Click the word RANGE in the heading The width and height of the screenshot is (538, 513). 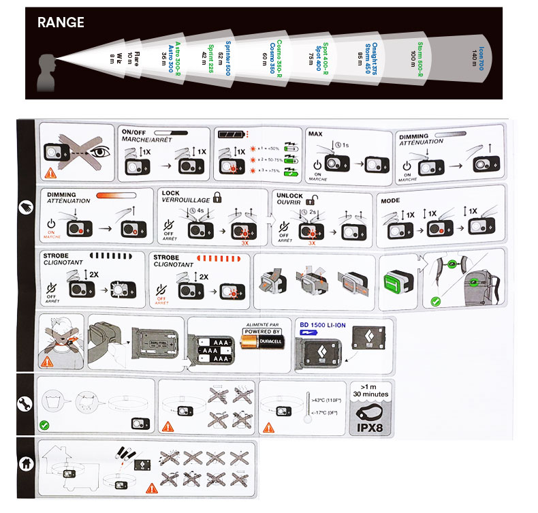61,22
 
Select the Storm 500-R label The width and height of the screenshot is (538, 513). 421,57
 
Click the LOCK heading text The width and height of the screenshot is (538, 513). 171,193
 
